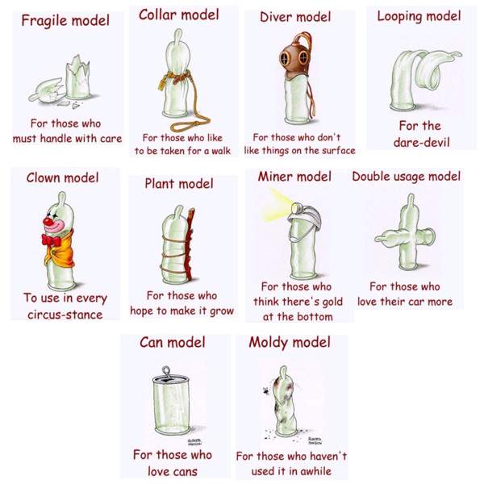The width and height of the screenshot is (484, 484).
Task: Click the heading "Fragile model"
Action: (x=65, y=21)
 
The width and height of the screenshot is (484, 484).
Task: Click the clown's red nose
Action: (x=48, y=221)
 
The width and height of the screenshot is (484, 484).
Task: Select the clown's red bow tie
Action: (x=51, y=240)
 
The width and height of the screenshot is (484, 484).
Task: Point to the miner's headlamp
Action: (x=297, y=207)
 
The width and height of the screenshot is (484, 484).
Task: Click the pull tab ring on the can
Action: (x=166, y=371)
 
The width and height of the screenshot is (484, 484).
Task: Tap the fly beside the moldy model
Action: (x=266, y=390)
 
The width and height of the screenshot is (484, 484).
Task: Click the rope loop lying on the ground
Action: (x=189, y=124)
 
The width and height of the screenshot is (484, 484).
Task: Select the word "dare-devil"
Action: (x=421, y=142)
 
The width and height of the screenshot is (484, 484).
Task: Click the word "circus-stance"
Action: (x=65, y=315)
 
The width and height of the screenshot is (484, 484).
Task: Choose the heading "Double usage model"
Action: (x=407, y=177)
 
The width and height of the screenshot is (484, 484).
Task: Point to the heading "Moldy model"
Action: (x=290, y=343)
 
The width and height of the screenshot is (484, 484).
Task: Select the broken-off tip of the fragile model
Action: (x=46, y=90)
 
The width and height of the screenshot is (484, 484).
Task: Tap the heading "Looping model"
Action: (x=419, y=17)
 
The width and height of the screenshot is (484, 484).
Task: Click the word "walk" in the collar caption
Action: (x=221, y=151)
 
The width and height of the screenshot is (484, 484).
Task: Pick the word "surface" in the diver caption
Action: (x=339, y=151)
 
